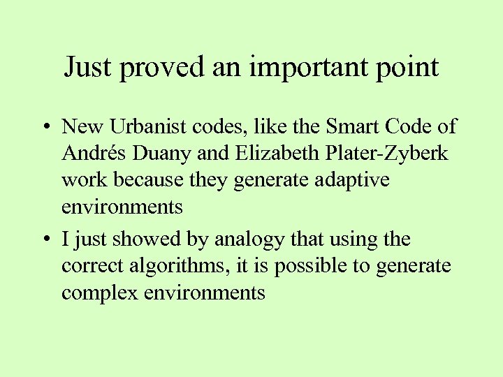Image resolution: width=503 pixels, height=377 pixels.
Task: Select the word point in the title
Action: [x=408, y=68]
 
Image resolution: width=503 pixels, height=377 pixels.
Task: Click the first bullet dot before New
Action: [x=43, y=127]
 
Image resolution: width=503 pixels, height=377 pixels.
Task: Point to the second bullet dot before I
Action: [x=43, y=240]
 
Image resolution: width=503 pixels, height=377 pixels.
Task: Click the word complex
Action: [x=100, y=293]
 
